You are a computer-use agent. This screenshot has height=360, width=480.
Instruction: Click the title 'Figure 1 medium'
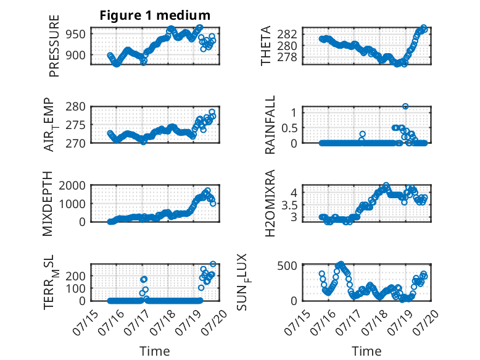[155, 15]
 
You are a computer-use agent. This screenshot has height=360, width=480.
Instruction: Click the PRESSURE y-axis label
[54, 46]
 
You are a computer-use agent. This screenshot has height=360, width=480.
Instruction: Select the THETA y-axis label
[266, 46]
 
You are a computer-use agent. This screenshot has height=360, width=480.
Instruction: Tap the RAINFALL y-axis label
[270, 125]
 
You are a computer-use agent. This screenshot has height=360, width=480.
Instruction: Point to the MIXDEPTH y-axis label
[48, 203]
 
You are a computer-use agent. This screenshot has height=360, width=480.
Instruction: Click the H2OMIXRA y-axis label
[270, 203]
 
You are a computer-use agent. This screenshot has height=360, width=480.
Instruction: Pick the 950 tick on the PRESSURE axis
[75, 35]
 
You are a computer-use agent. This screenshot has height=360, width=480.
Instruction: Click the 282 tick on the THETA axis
[287, 34]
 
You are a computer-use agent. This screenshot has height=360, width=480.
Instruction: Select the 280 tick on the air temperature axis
[75, 107]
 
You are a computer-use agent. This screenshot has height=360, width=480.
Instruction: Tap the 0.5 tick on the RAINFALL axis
[289, 128]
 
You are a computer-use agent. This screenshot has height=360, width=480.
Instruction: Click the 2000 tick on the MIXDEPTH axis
[72, 185]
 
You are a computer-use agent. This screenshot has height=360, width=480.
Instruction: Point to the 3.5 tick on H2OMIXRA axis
[289, 205]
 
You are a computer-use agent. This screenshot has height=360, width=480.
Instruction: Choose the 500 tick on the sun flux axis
[287, 266]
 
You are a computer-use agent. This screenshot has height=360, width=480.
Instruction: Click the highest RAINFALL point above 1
[405, 106]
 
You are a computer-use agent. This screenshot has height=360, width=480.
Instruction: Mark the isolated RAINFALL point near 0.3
[362, 134]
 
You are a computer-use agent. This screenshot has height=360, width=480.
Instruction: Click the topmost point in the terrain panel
[213, 264]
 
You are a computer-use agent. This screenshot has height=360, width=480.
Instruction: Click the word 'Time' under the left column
[155, 351]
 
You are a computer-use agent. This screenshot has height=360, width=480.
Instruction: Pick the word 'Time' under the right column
[366, 351]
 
